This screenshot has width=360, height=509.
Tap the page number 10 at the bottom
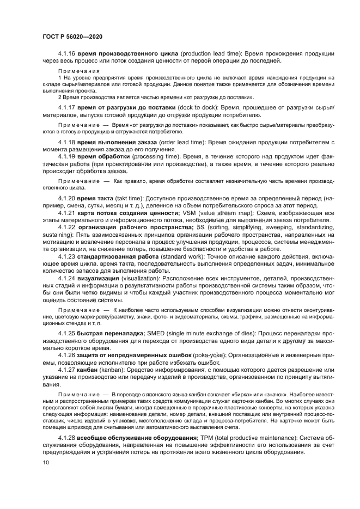45,463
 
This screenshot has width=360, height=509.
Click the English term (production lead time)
210,54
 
